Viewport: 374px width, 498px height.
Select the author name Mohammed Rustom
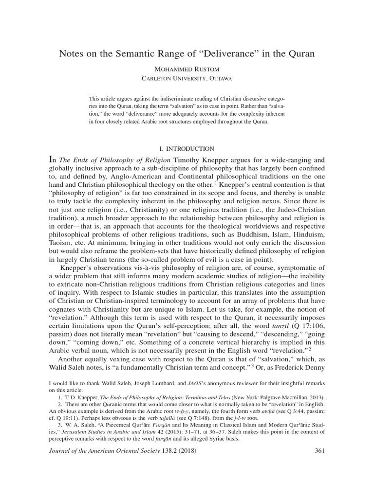pos(187,68)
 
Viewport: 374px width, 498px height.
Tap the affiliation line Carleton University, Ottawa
pos(187,78)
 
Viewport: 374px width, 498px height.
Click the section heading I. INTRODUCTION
pos(187,148)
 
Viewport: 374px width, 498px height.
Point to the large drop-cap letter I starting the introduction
pos(54,160)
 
